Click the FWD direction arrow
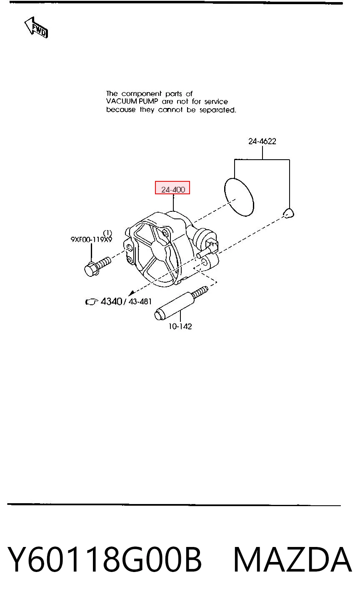[36, 28]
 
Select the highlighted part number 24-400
[172, 188]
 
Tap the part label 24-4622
[262, 141]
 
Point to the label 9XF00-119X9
[91, 239]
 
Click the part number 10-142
[180, 326]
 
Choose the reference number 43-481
[140, 301]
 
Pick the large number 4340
[111, 301]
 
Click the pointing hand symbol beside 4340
[92, 301]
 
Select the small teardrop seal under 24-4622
[289, 213]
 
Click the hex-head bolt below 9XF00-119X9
[97, 266]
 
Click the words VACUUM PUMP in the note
[132, 102]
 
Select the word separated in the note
[218, 110]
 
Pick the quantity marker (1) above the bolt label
[107, 233]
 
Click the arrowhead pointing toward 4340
[132, 293]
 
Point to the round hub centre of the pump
[158, 248]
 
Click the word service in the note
[216, 102]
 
